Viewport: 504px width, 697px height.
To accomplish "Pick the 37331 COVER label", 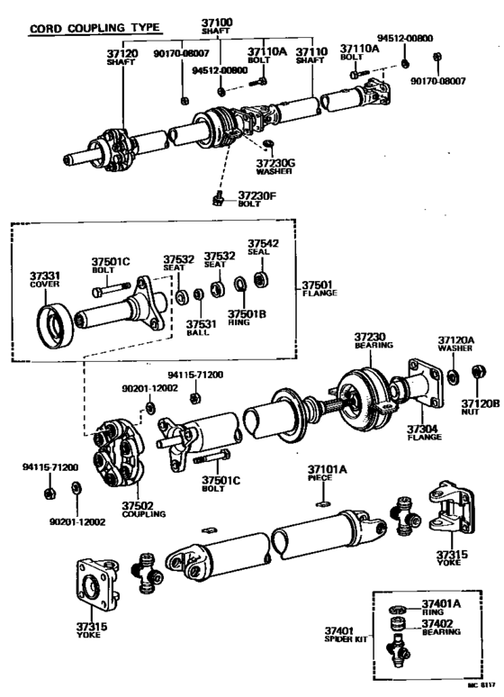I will coord(44,280).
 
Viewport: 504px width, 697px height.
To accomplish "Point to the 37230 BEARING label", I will coord(369,343).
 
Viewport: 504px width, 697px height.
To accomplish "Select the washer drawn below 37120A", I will coord(454,373).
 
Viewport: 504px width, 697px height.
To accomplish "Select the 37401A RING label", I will coord(441,606).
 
